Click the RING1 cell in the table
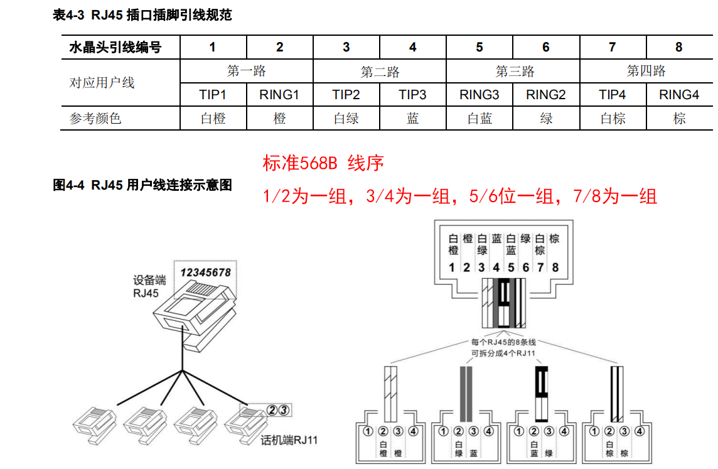[x=280, y=95]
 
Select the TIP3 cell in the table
[x=412, y=95]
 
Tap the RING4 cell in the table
[x=679, y=95]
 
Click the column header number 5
[x=480, y=47]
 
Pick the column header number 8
[x=679, y=47]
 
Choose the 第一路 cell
[x=247, y=71]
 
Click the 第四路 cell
[x=646, y=71]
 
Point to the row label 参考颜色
[x=95, y=118]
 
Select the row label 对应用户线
[x=102, y=83]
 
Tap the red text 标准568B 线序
[x=323, y=164]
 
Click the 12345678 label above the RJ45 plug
[x=205, y=272]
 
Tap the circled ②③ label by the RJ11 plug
[x=278, y=410]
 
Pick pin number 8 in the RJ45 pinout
[x=555, y=267]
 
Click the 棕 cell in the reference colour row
[x=679, y=118]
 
